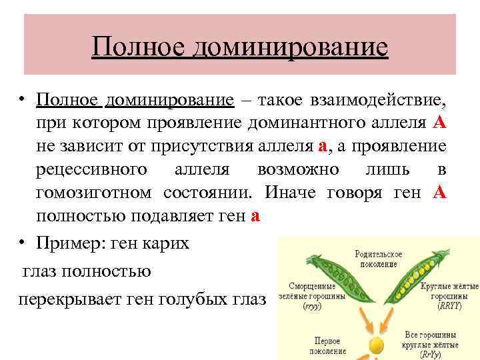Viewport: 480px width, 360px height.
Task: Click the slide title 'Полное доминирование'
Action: [240, 47]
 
